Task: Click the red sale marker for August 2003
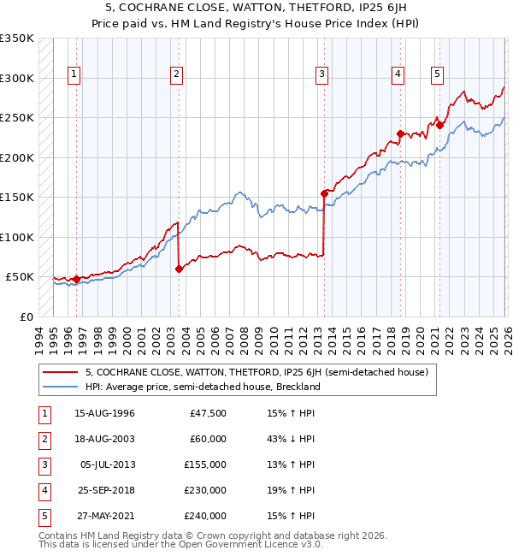[179, 269]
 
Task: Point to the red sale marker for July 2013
[324, 193]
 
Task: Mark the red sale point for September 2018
[400, 133]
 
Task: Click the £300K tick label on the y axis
[17, 78]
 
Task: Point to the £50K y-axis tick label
[20, 277]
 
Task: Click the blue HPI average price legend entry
[202, 387]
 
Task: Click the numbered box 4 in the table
[42, 490]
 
